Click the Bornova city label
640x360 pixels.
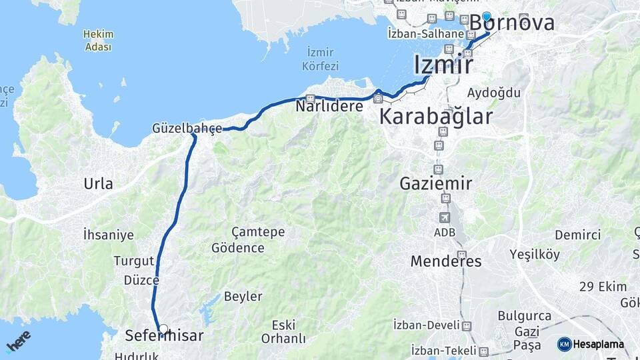512,23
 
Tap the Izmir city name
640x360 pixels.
443,65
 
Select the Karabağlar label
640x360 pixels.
436,117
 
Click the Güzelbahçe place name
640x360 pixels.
187,128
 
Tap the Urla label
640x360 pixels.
98,184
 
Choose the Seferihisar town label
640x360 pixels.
164,336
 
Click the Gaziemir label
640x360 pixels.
436,183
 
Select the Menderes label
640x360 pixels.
445,261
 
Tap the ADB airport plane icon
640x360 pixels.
445,217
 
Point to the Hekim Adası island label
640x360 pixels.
99,40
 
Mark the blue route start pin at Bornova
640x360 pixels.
487,18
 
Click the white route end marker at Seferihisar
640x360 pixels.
163,329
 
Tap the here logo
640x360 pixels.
19,341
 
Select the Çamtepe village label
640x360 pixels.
258,232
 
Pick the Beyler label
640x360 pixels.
243,296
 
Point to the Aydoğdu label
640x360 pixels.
489,92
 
